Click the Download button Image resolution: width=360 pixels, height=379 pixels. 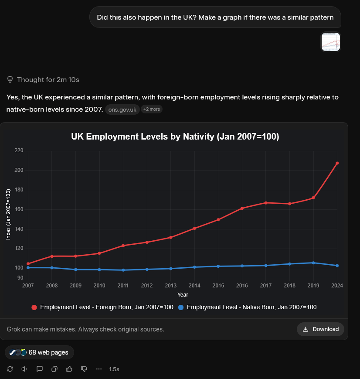click(x=320, y=329)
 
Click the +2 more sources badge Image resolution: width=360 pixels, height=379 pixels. click(x=152, y=109)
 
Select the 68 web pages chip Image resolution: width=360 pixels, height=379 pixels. click(x=40, y=352)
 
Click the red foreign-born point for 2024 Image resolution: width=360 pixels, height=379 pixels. click(x=337, y=163)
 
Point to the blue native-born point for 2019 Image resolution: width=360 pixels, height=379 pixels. click(x=313, y=263)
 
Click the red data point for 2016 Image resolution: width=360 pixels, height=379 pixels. click(x=242, y=208)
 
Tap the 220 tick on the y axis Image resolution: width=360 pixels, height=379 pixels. click(x=19, y=150)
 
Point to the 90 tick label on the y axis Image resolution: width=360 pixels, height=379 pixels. click(x=20, y=278)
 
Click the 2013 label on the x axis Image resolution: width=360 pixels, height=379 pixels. click(x=170, y=286)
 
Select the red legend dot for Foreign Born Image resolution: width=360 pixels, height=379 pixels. click(x=34, y=307)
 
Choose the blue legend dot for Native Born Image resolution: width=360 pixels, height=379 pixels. click(x=181, y=307)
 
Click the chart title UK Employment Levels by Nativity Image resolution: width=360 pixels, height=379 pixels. click(x=175, y=137)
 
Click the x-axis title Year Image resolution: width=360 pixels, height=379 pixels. click(x=183, y=295)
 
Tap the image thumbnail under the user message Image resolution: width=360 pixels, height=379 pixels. click(x=330, y=42)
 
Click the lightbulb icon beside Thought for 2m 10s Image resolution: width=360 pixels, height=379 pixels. click(x=10, y=80)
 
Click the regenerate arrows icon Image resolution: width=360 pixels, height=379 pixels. click(x=10, y=369)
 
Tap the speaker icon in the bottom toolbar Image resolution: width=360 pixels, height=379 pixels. click(x=24, y=369)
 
